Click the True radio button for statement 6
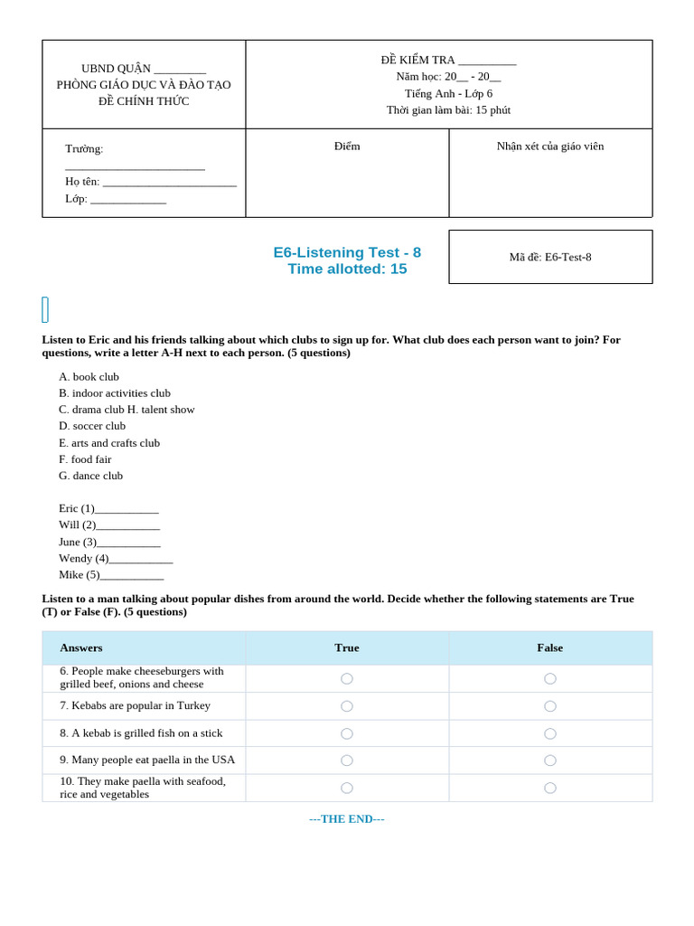coord(347,678)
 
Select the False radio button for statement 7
coord(550,706)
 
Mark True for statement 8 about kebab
coord(347,733)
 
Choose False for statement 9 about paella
coord(550,761)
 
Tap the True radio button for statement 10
coord(347,788)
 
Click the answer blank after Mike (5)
coord(132,575)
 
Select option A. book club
coord(89,377)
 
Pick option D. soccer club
coord(92,426)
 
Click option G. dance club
coord(90,476)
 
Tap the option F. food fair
coord(85,459)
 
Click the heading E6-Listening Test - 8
coord(347,252)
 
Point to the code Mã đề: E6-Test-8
coord(550,257)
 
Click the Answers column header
coord(81,647)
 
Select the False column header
coord(550,647)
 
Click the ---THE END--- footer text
coord(347,819)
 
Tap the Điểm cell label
coord(347,146)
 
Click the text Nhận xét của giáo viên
coord(550,146)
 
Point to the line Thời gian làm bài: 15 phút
coord(448,110)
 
